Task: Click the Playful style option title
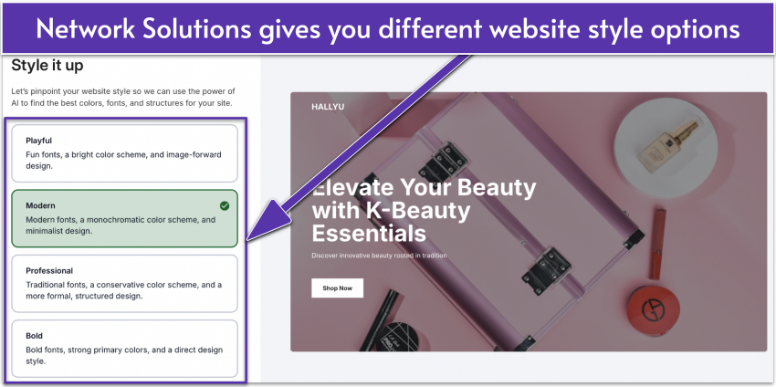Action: tap(38, 141)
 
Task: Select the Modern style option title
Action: tap(41, 206)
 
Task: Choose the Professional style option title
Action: tap(49, 271)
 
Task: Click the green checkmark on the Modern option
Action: tap(225, 205)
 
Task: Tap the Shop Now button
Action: tap(337, 288)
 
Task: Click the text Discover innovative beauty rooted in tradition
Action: tap(379, 256)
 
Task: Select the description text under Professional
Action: tap(122, 290)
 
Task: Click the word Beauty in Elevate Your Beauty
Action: tap(492, 188)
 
